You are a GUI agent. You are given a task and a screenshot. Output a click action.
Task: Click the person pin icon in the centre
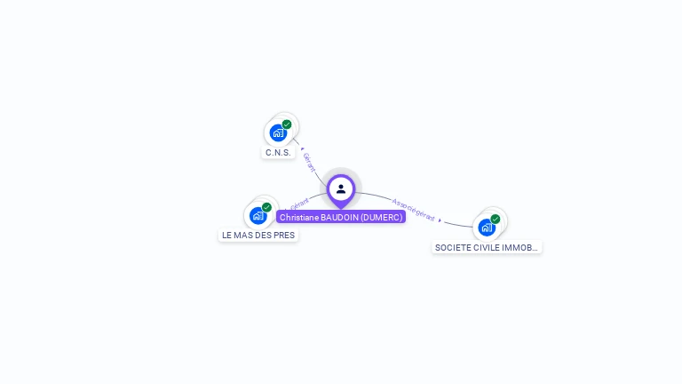[x=341, y=188]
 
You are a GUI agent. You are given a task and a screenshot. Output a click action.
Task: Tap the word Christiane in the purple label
[x=298, y=217]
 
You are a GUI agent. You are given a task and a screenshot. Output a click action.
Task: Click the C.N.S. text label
[x=278, y=153]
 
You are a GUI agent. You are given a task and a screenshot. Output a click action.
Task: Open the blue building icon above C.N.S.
[x=278, y=133]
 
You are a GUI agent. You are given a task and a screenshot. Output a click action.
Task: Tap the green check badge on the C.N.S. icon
[x=287, y=124]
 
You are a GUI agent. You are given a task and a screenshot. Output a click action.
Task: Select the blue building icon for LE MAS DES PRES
[x=258, y=215]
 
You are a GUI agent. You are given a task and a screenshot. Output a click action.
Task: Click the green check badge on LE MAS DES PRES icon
[x=266, y=207]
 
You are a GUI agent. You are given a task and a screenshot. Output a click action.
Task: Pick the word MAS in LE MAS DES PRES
[x=248, y=236]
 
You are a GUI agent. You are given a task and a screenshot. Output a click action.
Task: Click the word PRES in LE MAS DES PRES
[x=285, y=236]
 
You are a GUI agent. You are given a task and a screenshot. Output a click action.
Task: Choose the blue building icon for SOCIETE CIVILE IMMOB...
[x=487, y=227]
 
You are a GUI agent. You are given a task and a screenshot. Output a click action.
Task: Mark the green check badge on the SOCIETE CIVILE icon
[x=496, y=219]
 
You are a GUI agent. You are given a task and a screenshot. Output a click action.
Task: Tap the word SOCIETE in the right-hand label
[x=452, y=248]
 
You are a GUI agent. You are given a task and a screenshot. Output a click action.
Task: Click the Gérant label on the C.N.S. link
[x=309, y=162]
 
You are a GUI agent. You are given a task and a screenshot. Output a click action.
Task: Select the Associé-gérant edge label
[x=413, y=209]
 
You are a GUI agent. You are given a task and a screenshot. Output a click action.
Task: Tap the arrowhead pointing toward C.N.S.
[x=302, y=148]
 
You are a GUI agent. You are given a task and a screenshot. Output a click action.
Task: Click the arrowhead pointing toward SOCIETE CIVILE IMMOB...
[x=440, y=220]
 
